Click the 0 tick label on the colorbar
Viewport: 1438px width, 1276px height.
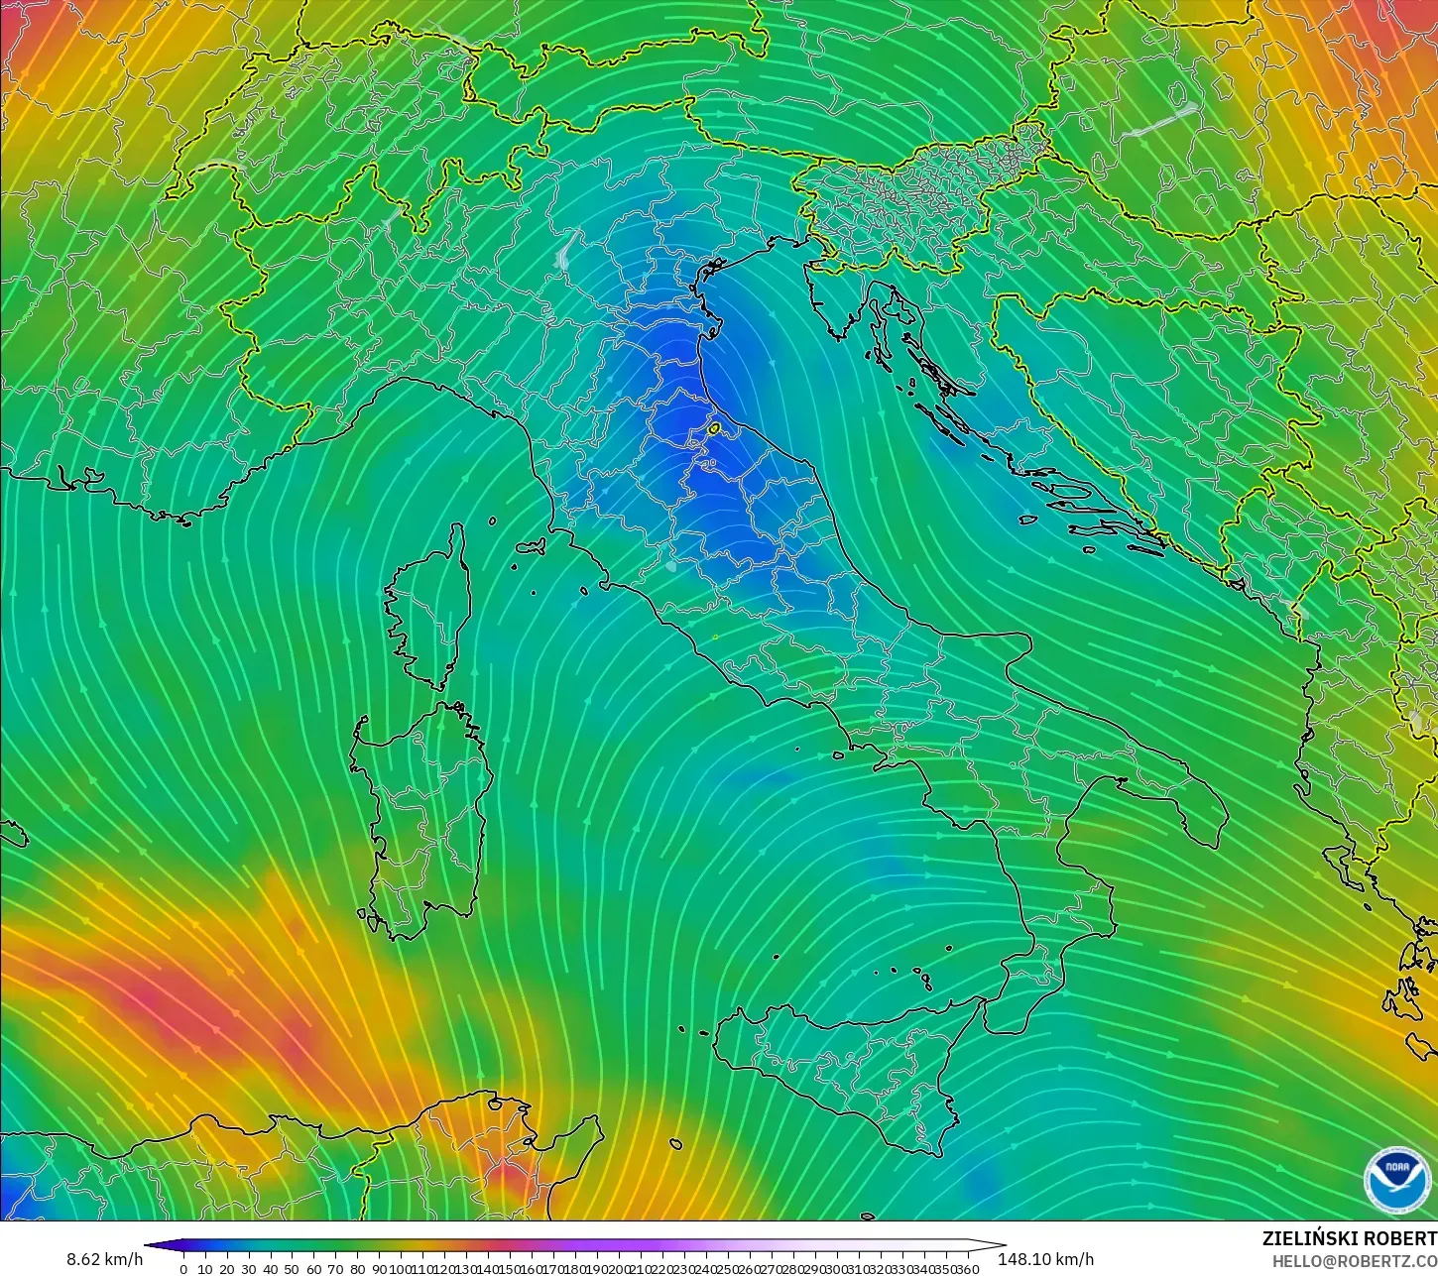[183, 1268]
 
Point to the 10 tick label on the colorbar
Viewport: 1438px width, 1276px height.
[204, 1268]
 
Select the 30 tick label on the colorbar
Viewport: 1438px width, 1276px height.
[248, 1268]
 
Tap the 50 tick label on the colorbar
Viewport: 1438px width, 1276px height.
[292, 1268]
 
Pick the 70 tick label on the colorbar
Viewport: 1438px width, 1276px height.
[335, 1268]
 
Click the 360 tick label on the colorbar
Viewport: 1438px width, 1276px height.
[968, 1268]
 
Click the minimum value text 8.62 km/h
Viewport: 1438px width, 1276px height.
[104, 1259]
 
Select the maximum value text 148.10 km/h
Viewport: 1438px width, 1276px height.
[1046, 1259]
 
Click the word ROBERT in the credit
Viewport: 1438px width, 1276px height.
[1401, 1238]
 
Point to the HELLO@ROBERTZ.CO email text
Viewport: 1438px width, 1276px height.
[1355, 1260]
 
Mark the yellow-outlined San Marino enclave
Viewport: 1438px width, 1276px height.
[714, 428]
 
